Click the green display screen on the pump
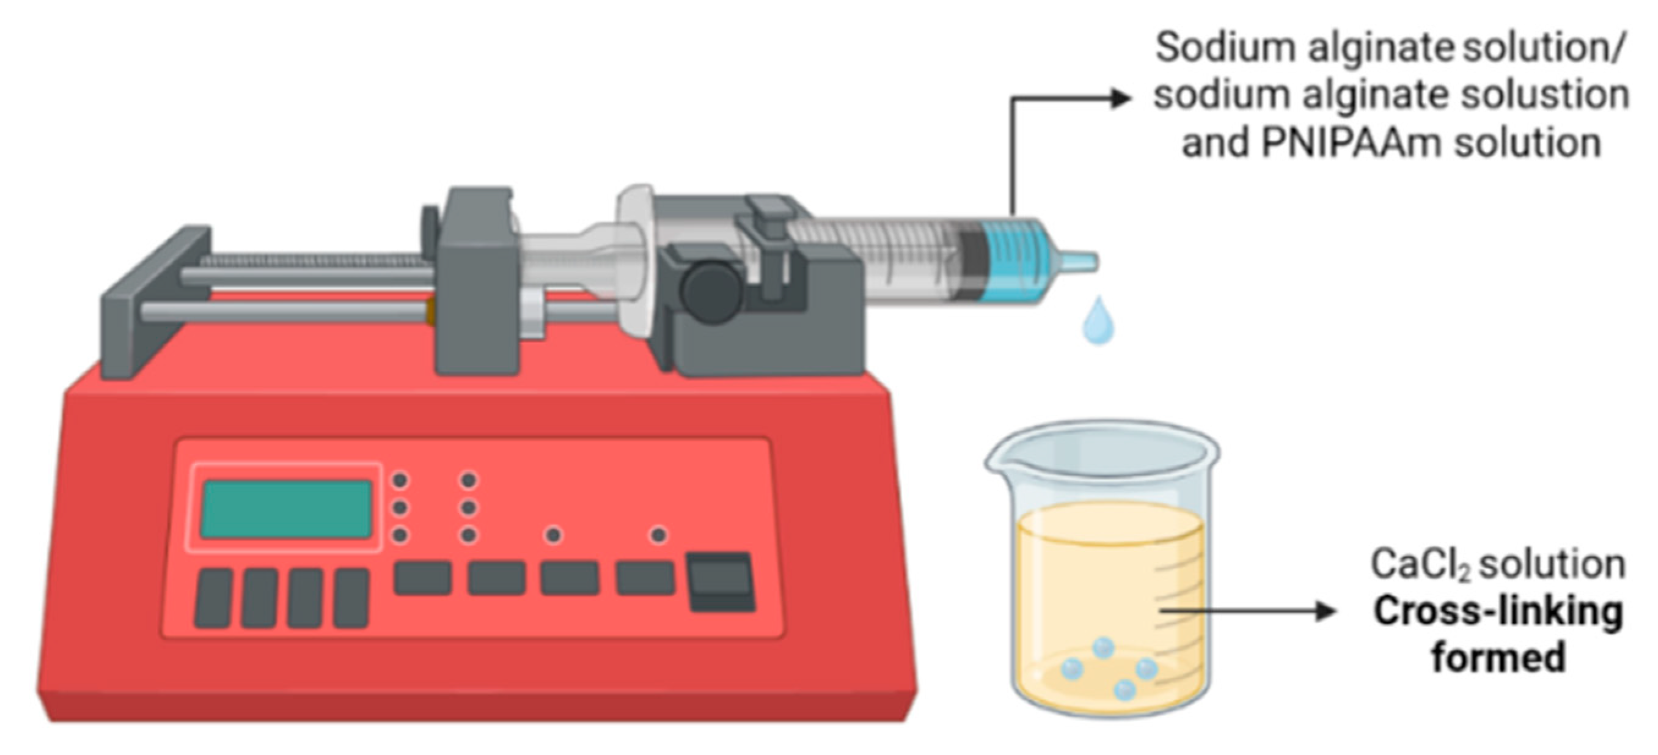pos(287,509)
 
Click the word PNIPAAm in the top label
pos(1351,142)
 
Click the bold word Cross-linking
pos(1498,611)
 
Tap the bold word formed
pos(1498,658)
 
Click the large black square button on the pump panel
pos(722,580)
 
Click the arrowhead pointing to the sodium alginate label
pos(1121,98)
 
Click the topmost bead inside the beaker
pos(1103,647)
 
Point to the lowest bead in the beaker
pos(1124,690)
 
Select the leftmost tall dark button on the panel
pos(213,598)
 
